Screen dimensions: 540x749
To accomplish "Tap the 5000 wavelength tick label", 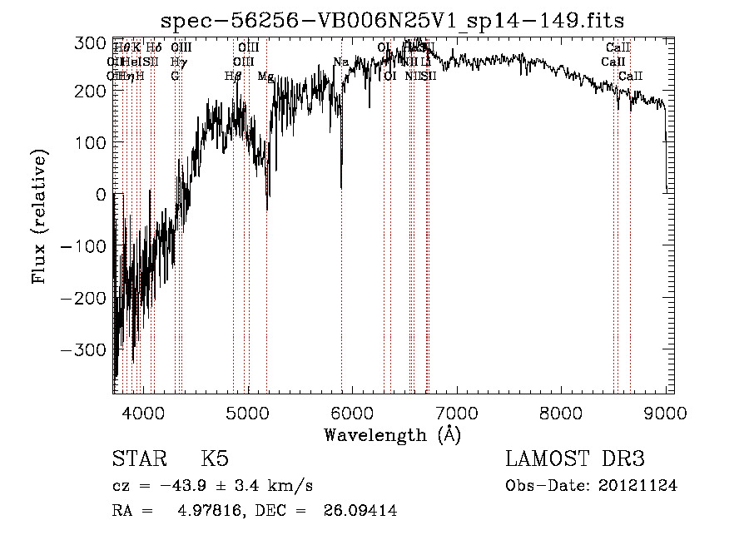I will tap(247, 412).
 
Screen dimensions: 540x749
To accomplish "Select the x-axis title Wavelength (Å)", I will tap(392, 434).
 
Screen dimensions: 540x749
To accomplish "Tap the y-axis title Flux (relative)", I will tap(40, 217).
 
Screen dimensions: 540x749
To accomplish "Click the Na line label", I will tap(340, 62).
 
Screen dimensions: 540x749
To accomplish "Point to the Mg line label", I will tap(265, 76).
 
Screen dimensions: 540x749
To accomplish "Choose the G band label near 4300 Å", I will tap(175, 76).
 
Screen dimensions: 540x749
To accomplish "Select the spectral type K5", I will tap(215, 459).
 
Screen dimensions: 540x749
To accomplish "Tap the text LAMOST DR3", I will tap(575, 459).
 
